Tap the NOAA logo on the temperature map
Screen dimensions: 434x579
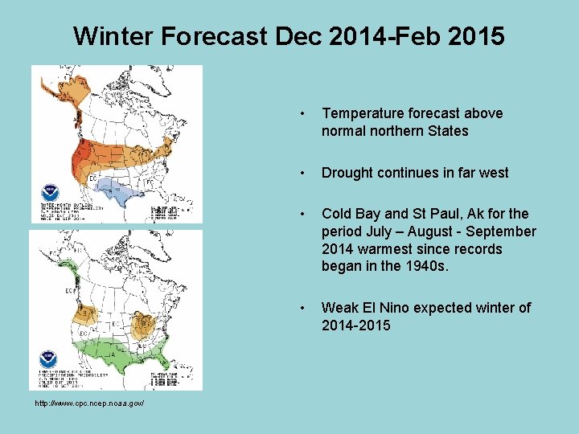(x=50, y=194)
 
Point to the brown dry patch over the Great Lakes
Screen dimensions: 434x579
(x=145, y=326)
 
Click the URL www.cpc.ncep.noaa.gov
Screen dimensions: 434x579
(x=88, y=403)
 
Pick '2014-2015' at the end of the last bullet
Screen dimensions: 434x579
(x=355, y=325)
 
